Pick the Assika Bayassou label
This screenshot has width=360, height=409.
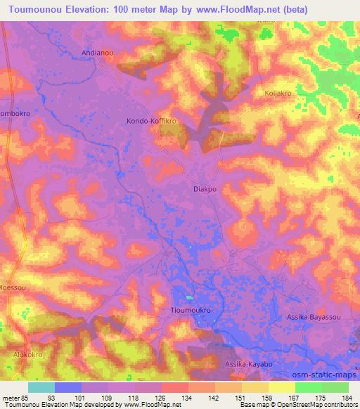pyautogui.click(x=314, y=318)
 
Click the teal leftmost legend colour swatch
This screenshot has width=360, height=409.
pyautogui.click(x=41, y=387)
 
